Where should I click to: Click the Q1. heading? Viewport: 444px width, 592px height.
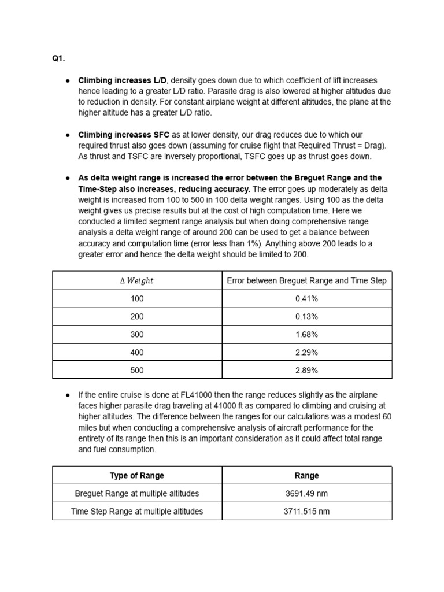coord(58,58)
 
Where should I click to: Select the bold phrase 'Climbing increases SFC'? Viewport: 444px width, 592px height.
coord(124,135)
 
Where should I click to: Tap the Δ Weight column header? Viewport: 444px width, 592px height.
coord(137,281)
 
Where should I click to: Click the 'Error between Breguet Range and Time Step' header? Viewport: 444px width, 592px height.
coord(306,281)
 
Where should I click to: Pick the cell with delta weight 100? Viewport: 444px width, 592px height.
coord(137,299)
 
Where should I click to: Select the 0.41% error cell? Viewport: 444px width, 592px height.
coord(306,299)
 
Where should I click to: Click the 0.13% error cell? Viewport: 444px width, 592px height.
coord(306,317)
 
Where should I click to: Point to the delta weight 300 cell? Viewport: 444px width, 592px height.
coord(137,335)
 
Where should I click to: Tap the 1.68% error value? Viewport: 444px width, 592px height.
coord(306,335)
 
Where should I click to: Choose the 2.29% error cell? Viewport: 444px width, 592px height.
coord(306,353)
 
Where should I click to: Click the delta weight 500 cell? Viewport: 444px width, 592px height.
coord(137,370)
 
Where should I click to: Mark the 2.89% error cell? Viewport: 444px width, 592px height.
coord(306,370)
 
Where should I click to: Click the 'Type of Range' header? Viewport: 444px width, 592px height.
coord(137,476)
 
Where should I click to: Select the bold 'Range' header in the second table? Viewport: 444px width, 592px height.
coord(306,476)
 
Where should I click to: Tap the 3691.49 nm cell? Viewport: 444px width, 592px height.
coord(306,494)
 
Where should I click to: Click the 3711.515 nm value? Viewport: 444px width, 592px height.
coord(306,512)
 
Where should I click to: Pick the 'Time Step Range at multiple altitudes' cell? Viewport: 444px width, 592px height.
coord(137,512)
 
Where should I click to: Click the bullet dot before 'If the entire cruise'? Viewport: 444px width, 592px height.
coord(68,395)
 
